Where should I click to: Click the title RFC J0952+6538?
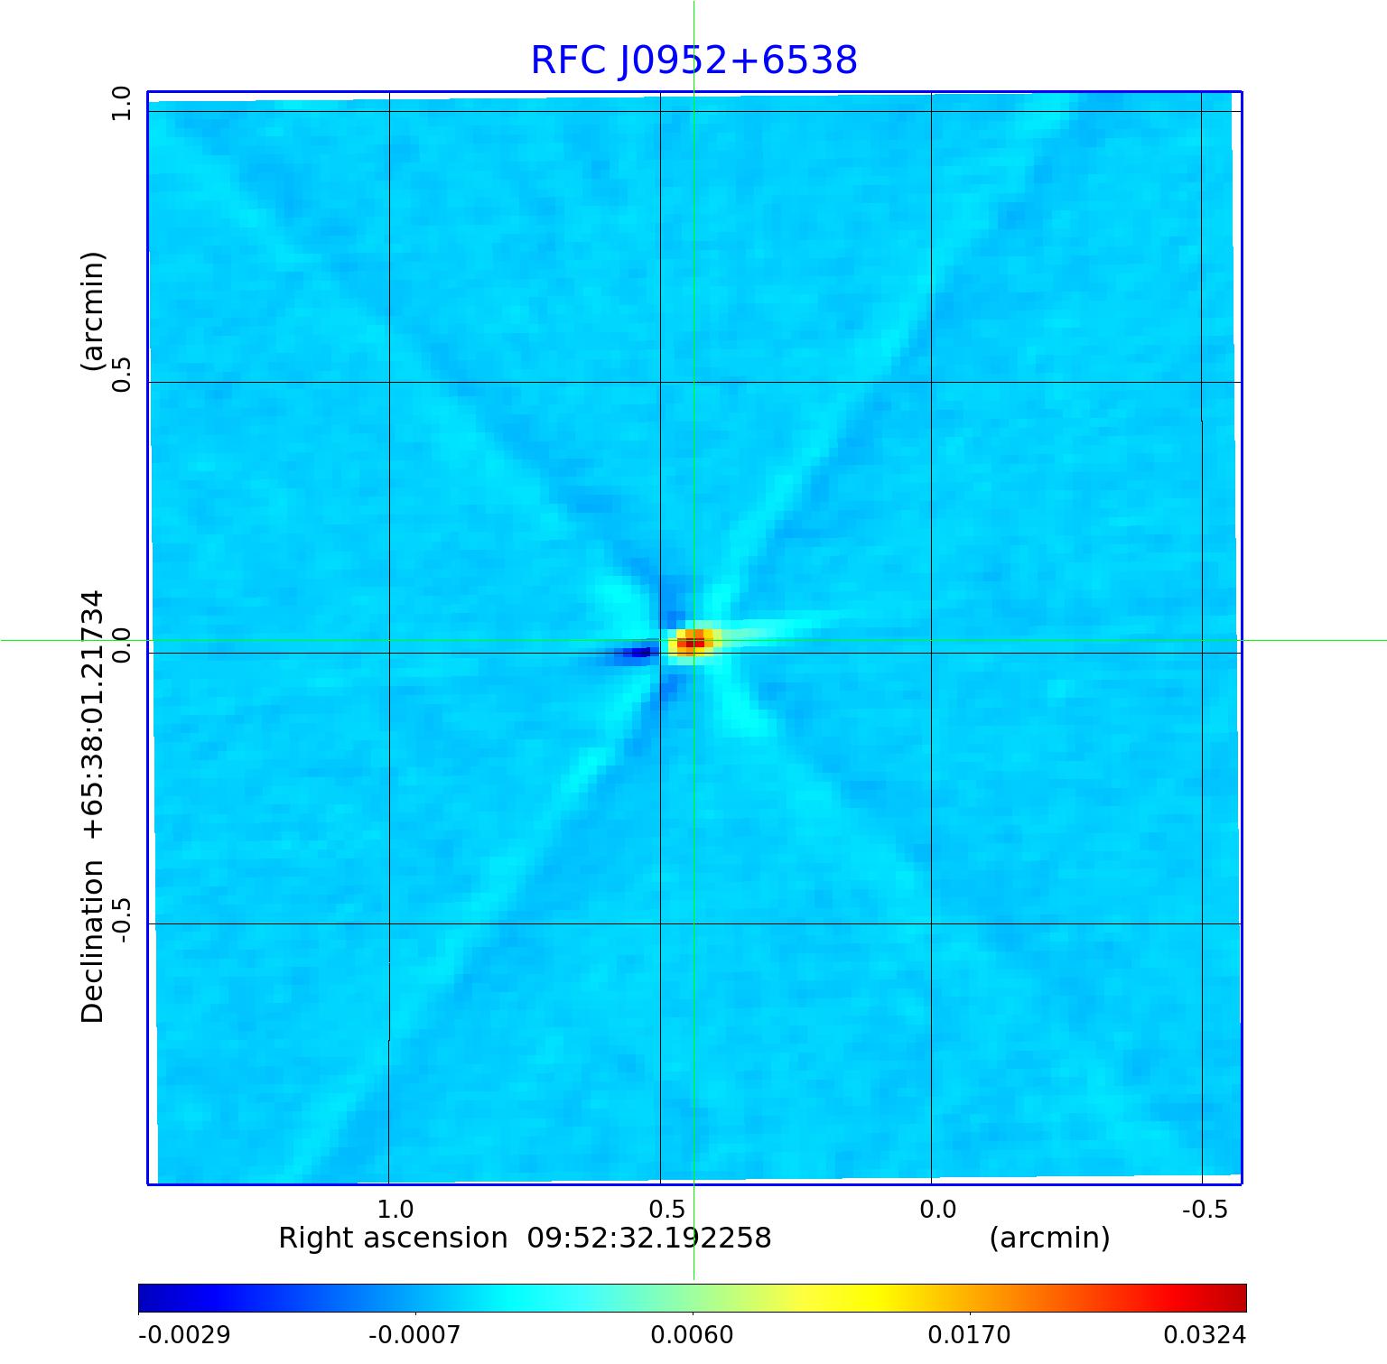(693, 60)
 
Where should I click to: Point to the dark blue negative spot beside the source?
(640, 652)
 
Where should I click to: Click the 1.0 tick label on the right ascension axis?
(395, 1209)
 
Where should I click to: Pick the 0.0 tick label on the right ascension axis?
(937, 1209)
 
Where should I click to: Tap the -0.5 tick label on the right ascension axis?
(1205, 1209)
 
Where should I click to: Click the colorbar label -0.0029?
(184, 1334)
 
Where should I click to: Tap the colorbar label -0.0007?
(415, 1334)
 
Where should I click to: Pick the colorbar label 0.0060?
(693, 1334)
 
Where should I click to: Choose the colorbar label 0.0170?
(970, 1334)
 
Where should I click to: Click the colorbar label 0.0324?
(1205, 1334)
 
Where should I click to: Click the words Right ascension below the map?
(393, 1238)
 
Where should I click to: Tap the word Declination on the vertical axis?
(93, 941)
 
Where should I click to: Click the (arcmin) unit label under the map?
(1049, 1238)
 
